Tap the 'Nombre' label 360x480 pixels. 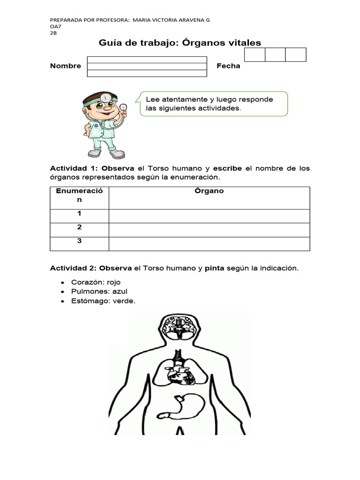(x=66, y=66)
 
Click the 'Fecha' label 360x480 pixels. (x=228, y=66)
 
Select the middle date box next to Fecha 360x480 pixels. (x=275, y=54)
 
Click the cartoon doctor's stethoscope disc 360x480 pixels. (x=123, y=107)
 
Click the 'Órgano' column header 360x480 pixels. (x=209, y=191)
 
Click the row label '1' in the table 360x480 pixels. (x=80, y=213)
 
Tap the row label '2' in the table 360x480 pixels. (x=80, y=227)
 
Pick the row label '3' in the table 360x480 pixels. (x=80, y=241)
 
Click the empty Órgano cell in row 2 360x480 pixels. (x=209, y=230)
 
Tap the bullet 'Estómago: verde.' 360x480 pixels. (x=103, y=301)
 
